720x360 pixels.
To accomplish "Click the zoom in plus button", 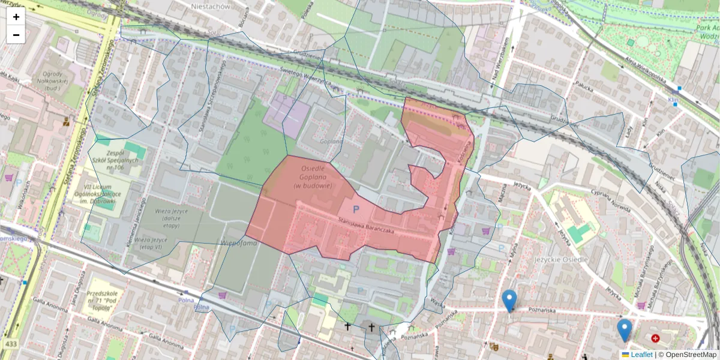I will (16, 17).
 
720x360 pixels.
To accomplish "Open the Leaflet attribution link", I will (641, 355).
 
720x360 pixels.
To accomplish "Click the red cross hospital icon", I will (655, 338).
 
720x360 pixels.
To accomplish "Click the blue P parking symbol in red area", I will (356, 209).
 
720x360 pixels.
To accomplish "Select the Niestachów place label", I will (211, 6).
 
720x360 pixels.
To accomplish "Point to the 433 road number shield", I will (11, 344).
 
